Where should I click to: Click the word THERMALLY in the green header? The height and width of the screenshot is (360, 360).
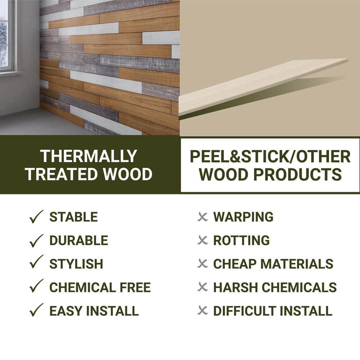point(89,156)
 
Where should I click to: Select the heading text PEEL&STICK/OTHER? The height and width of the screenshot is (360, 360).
point(270,157)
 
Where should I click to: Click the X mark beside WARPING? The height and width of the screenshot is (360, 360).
point(203,217)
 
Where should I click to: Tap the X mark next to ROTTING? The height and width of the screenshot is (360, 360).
point(203,240)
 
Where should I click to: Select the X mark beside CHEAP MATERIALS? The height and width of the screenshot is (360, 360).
point(203,264)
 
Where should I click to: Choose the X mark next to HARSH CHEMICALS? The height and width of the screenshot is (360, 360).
point(203,287)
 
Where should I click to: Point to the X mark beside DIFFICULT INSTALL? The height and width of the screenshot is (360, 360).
point(203,310)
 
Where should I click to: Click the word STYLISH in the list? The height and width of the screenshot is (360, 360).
point(76,264)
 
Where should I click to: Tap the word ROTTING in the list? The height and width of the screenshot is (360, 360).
point(241,240)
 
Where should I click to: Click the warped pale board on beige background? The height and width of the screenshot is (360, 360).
point(263,86)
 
